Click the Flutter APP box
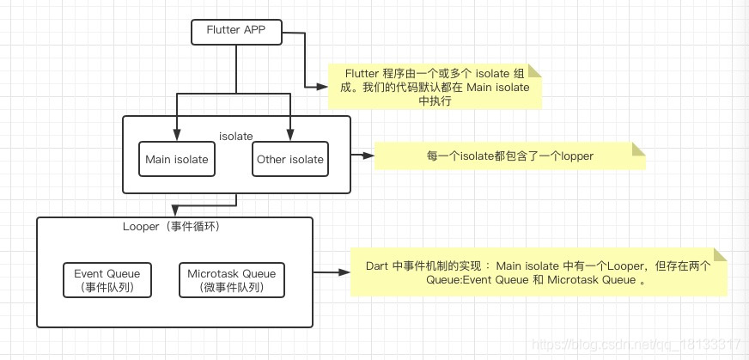pyautogui.click(x=236, y=32)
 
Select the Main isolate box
pyautogui.click(x=177, y=159)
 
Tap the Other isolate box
pyautogui.click(x=290, y=159)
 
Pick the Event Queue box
pyautogui.click(x=107, y=280)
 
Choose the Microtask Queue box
pyautogui.click(x=232, y=280)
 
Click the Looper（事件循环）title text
pyautogui.click(x=173, y=227)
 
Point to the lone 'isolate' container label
pyautogui.click(x=236, y=137)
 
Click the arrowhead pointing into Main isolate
pyautogui.click(x=177, y=135)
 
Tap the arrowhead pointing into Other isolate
pyautogui.click(x=290, y=135)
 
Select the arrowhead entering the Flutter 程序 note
pyautogui.click(x=322, y=87)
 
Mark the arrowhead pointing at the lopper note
pyautogui.click(x=368, y=156)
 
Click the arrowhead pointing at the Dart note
pyautogui.click(x=344, y=272)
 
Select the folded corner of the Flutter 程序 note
pyautogui.click(x=534, y=70)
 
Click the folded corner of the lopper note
pyautogui.click(x=639, y=149)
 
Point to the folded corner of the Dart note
pyautogui.click(x=720, y=254)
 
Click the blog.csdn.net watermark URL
pyautogui.click(x=636, y=345)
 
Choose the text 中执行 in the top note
pyautogui.click(x=435, y=101)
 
